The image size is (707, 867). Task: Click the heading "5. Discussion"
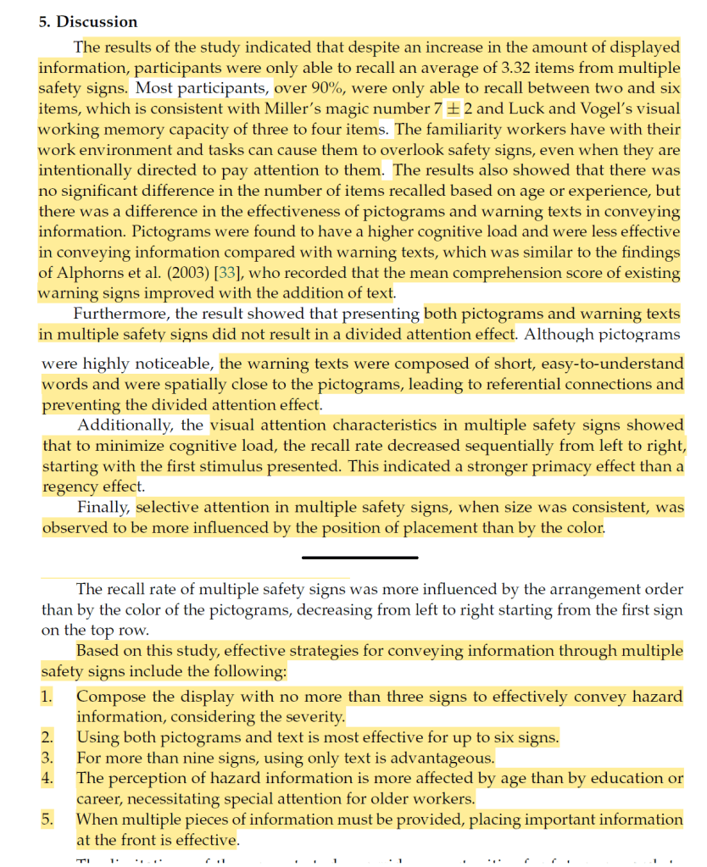point(88,22)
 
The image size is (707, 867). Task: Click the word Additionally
point(127,425)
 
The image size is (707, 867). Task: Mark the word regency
point(70,486)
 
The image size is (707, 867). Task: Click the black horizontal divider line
point(359,557)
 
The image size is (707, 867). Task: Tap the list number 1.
point(47,697)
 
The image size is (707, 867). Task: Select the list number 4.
point(47,778)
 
